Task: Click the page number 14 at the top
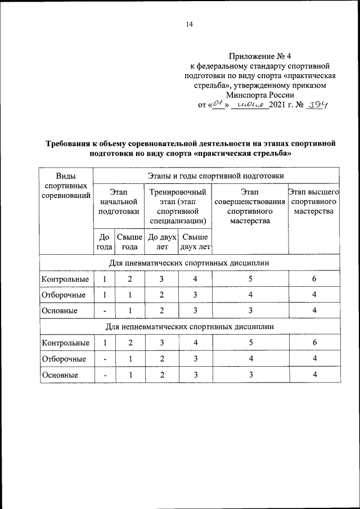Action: [x=189, y=24]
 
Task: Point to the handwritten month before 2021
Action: [x=250, y=105]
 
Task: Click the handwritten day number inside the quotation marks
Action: [x=217, y=105]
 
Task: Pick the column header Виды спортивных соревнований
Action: [x=66, y=186]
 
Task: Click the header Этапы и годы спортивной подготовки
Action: [x=216, y=177]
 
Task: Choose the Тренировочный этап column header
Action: [x=178, y=206]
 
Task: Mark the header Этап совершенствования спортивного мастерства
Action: [x=250, y=206]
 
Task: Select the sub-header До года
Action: [x=103, y=242]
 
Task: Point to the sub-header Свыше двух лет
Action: [x=195, y=242]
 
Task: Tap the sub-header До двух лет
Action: [x=161, y=242]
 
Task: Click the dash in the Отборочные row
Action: [x=104, y=359]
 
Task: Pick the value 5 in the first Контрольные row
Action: [x=250, y=279]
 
